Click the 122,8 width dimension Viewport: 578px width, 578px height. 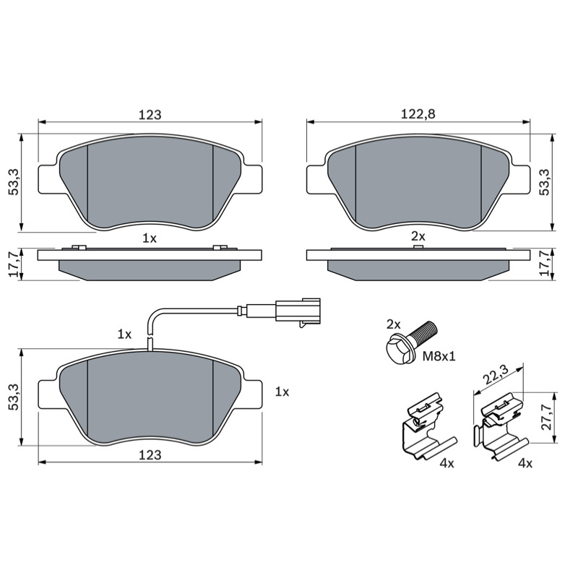(418, 114)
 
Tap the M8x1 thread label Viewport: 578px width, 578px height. (439, 356)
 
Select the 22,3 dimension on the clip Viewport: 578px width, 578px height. (496, 375)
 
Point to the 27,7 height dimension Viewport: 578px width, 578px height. (547, 416)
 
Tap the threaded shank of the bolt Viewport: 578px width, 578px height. (423, 332)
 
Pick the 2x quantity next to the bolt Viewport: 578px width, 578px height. (393, 324)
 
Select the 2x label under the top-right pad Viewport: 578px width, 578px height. (418, 236)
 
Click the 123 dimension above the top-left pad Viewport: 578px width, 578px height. (150, 115)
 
